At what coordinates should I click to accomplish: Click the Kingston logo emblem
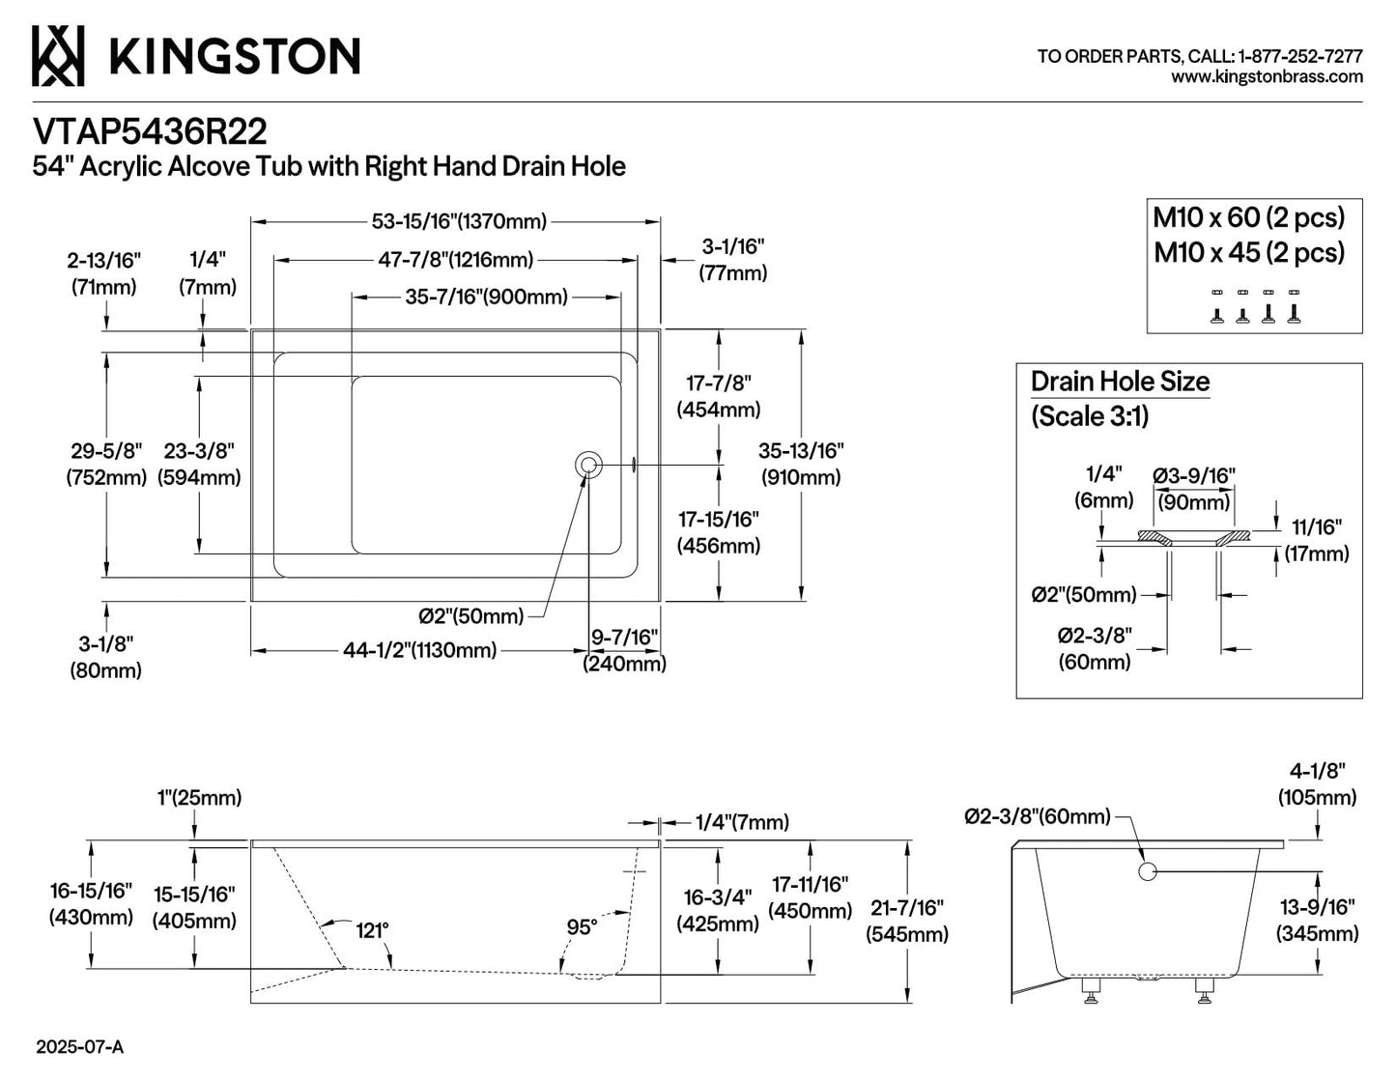pyautogui.click(x=58, y=56)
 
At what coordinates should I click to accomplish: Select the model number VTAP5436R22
pyautogui.click(x=150, y=132)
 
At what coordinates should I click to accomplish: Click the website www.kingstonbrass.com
pyautogui.click(x=1267, y=77)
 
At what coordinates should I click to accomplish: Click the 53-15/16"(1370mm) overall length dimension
pyautogui.click(x=459, y=221)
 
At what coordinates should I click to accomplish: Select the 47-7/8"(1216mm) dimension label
pyautogui.click(x=455, y=260)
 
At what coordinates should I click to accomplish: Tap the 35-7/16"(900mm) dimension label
pyautogui.click(x=486, y=297)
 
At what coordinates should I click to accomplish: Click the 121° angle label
pyautogui.click(x=373, y=930)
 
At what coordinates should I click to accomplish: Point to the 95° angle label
pyautogui.click(x=582, y=926)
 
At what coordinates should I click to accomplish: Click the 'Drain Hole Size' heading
pyautogui.click(x=1121, y=382)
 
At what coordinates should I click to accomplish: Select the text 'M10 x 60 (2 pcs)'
pyautogui.click(x=1249, y=217)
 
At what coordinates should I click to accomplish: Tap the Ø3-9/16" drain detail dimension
pyautogui.click(x=1194, y=476)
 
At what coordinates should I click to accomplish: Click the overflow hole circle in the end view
pyautogui.click(x=1148, y=871)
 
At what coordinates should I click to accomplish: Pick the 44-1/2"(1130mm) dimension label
pyautogui.click(x=419, y=651)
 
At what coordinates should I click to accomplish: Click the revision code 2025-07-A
pyautogui.click(x=79, y=1047)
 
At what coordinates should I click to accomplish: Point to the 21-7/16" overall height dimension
pyautogui.click(x=907, y=921)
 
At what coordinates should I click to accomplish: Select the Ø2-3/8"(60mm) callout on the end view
pyautogui.click(x=1038, y=816)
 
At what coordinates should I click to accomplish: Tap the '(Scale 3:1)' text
pyautogui.click(x=1090, y=416)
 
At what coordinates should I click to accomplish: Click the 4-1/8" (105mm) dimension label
pyautogui.click(x=1317, y=783)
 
